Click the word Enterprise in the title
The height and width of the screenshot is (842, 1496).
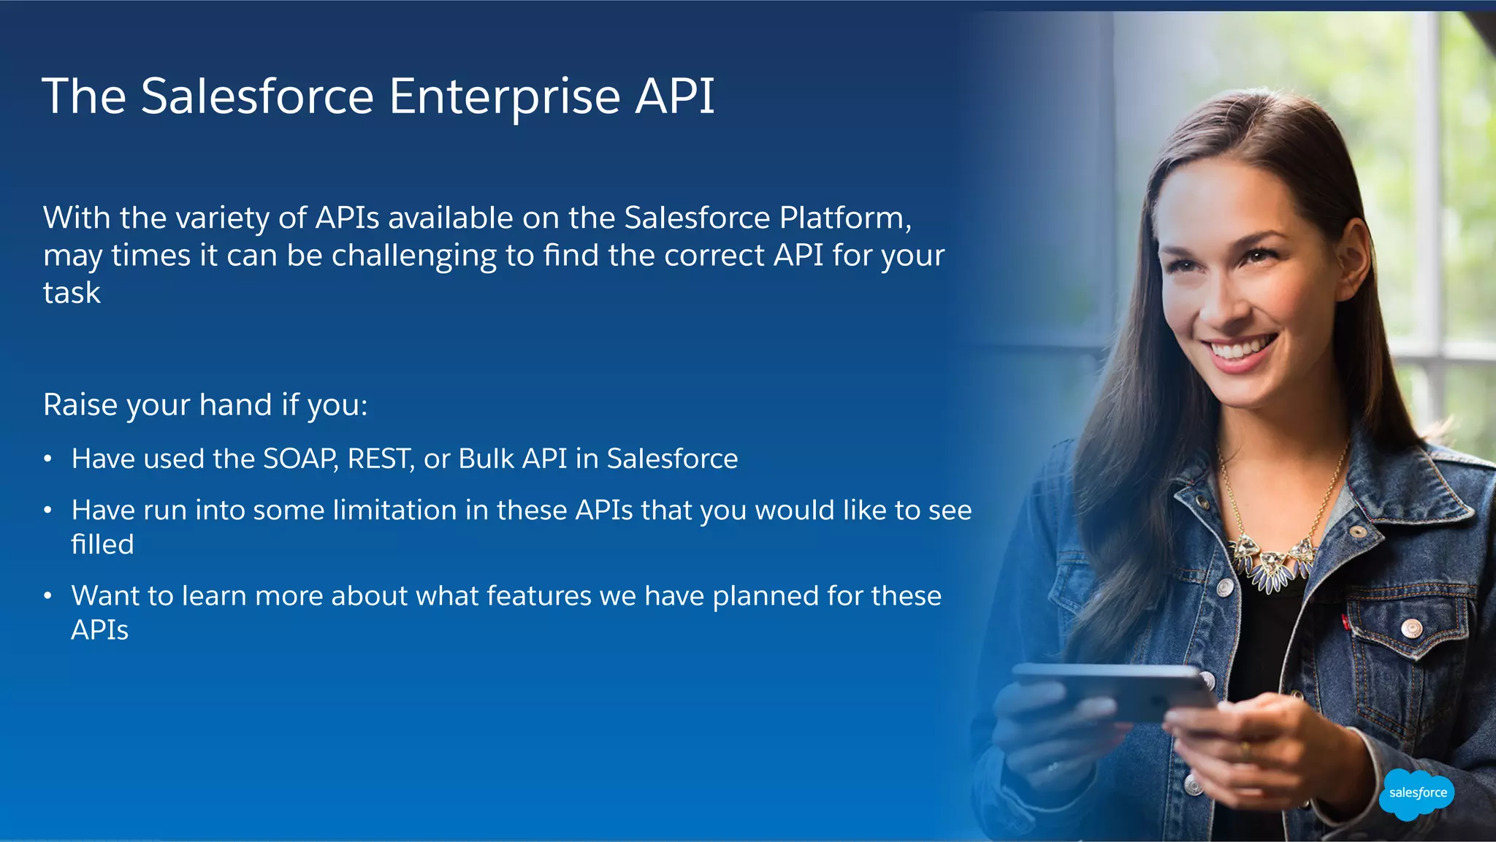(505, 96)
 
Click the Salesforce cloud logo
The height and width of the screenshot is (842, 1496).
(1416, 794)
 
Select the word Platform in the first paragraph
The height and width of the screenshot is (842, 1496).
(845, 218)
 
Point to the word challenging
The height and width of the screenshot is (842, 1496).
(413, 256)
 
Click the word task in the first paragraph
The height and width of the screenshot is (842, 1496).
(72, 293)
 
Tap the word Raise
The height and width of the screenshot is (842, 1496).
(79, 405)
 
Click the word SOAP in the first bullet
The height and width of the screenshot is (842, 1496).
(299, 459)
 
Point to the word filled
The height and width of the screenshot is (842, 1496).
(102, 544)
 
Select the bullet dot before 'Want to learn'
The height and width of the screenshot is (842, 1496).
(47, 596)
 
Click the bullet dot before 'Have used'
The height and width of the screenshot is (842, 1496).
(47, 459)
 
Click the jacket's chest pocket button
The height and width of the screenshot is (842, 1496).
(1411, 627)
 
